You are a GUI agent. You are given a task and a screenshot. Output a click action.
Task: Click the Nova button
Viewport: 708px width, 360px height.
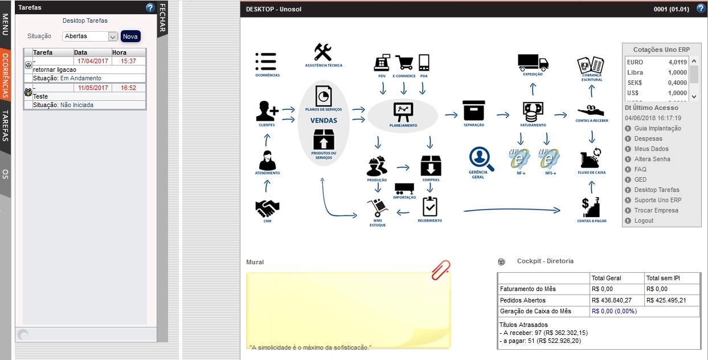[130, 36]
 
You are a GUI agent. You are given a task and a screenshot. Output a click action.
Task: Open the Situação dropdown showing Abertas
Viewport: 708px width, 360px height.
[89, 36]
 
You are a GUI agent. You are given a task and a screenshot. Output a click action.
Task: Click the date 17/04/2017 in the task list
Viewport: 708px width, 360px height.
[93, 61]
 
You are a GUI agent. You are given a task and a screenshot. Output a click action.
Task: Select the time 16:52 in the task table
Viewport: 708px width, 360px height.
[128, 88]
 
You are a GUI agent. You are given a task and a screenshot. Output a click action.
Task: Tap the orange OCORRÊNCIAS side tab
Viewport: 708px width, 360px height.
[5, 76]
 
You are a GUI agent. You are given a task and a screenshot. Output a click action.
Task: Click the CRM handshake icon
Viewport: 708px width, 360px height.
[267, 208]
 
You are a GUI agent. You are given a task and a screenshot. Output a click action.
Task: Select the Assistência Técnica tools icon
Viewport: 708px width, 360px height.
[323, 52]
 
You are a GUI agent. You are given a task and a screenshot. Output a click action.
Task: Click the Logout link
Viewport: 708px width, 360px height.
[644, 220]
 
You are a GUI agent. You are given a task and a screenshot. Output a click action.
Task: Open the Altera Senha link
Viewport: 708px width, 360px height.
[652, 159]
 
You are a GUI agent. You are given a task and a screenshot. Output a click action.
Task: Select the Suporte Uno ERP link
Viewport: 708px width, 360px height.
[657, 200]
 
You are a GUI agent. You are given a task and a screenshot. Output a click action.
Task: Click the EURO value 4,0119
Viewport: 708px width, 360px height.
[678, 62]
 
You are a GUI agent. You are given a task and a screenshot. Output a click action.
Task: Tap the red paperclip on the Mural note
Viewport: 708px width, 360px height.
[440, 269]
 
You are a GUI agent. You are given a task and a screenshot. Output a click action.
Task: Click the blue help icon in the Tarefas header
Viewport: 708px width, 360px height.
[150, 7]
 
